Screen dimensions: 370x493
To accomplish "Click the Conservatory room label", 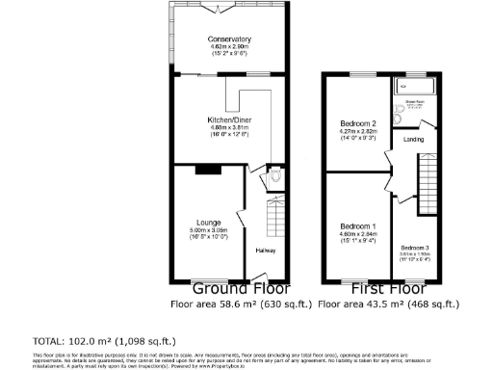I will (228, 39).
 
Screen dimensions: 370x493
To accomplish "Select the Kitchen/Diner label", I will (228, 119).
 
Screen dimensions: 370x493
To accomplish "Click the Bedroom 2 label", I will (357, 123).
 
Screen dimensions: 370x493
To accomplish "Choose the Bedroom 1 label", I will (357, 225).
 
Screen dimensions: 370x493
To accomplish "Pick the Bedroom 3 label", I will (414, 248).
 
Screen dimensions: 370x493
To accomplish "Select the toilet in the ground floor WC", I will (275, 177).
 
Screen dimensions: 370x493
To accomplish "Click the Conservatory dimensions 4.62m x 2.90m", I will (228, 46).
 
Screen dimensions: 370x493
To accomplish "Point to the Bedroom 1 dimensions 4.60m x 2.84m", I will (357, 232).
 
